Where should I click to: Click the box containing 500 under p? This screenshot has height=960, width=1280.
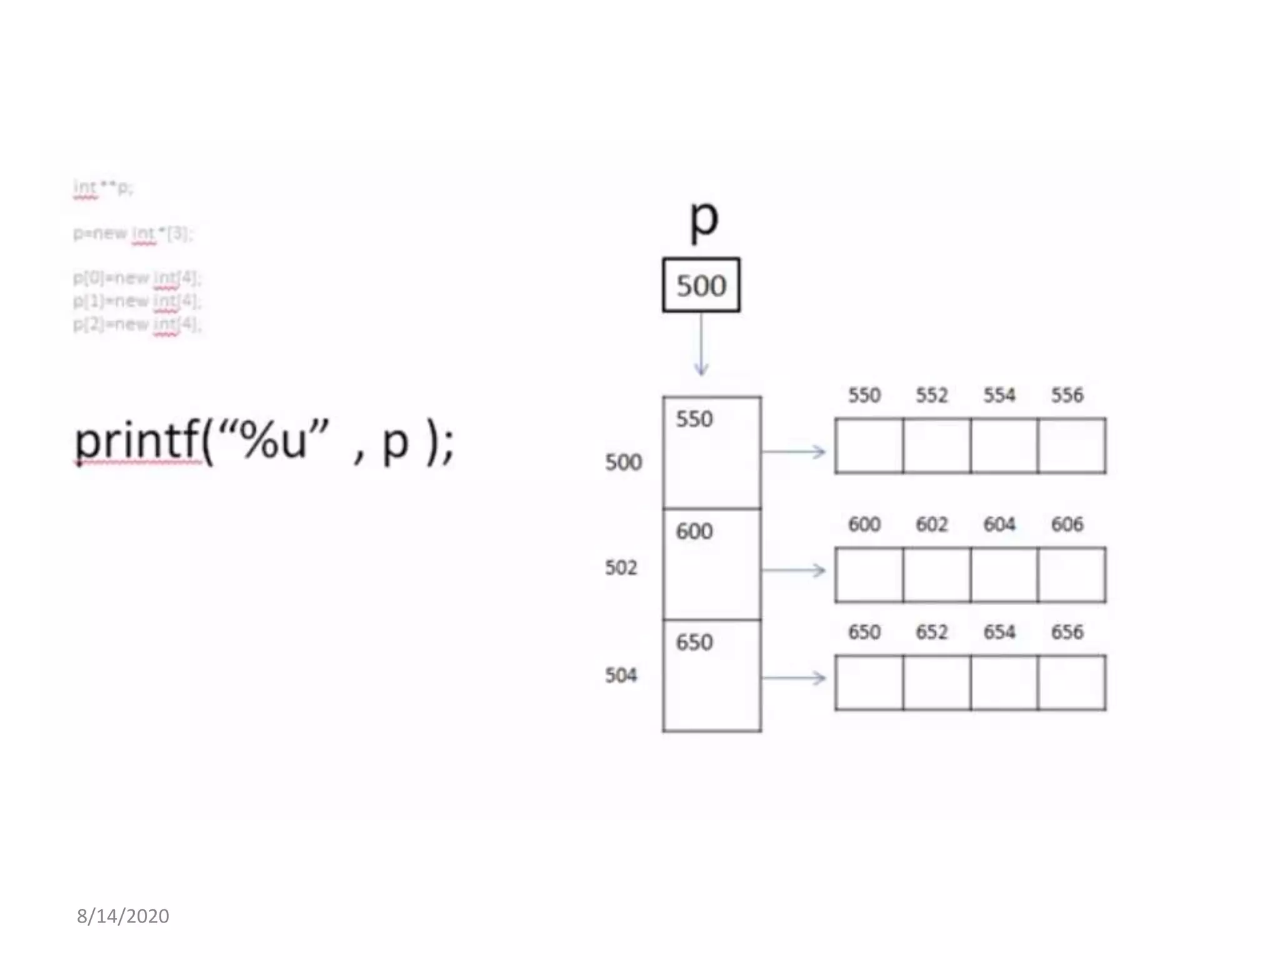[x=701, y=285]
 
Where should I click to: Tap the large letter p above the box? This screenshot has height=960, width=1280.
[x=704, y=219]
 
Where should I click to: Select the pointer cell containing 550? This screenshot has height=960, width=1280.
[x=712, y=452]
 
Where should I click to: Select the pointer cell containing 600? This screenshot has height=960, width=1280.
[x=712, y=564]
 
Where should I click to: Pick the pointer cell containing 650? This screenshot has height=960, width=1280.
[x=712, y=676]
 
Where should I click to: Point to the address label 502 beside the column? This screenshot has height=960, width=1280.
[x=621, y=567]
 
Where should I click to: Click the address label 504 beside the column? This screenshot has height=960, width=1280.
[x=621, y=675]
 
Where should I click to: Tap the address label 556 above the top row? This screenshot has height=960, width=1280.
[x=1067, y=395]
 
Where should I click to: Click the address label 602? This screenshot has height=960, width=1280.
[x=932, y=524]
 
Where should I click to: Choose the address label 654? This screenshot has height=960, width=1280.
[x=999, y=632]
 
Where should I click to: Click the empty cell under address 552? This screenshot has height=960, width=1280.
[x=936, y=446]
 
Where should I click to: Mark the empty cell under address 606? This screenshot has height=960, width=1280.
[x=1071, y=575]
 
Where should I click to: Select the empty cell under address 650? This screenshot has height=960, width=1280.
[x=869, y=682]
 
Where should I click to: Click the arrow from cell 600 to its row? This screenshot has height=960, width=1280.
[x=794, y=570]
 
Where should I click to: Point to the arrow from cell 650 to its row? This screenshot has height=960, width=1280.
[x=794, y=677]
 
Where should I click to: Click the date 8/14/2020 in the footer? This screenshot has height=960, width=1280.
[x=123, y=916]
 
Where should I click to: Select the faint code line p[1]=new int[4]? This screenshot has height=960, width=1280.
[x=137, y=301]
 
